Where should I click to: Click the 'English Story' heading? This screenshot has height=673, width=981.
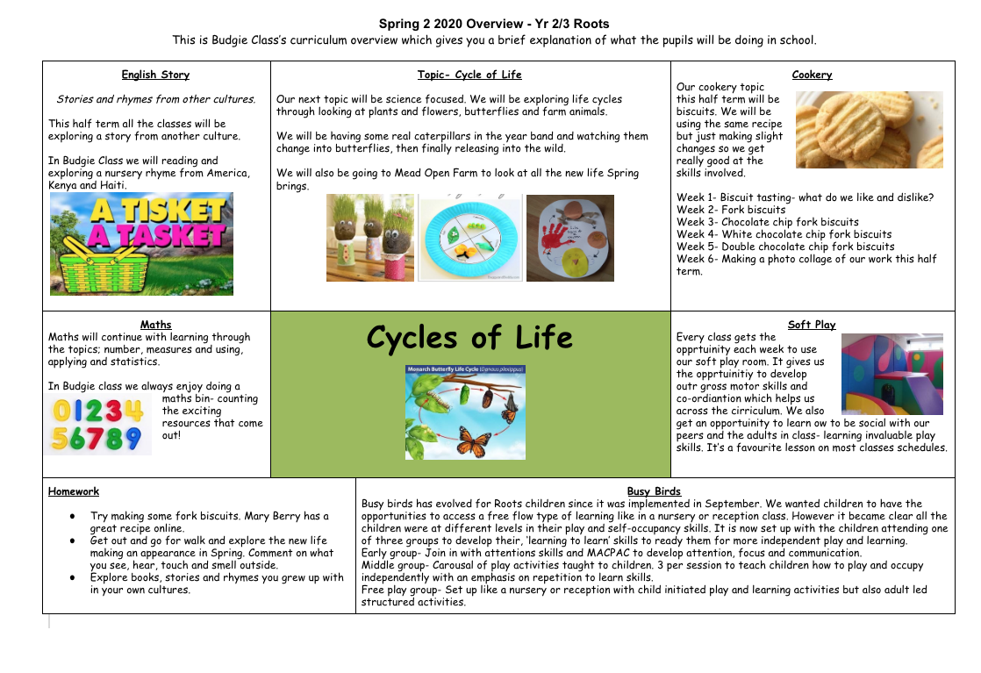click(155, 75)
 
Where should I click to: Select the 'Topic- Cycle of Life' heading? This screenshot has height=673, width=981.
click(469, 75)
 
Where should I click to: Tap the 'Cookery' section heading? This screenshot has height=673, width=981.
click(812, 75)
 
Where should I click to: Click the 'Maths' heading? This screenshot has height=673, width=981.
click(155, 325)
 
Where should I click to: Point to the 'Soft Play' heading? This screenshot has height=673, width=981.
click(812, 325)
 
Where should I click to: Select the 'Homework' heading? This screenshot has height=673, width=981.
click(74, 491)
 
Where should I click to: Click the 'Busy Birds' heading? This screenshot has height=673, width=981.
click(654, 491)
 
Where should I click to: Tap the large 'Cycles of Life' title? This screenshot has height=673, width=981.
click(469, 338)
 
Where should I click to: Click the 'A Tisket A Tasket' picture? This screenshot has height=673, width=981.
click(141, 244)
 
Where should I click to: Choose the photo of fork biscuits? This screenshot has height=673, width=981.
click(869, 130)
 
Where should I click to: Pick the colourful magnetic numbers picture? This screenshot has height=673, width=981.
click(98, 425)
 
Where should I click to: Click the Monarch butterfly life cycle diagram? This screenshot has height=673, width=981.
click(465, 412)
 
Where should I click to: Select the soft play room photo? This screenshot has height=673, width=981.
click(891, 374)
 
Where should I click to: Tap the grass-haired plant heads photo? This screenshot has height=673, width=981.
click(369, 237)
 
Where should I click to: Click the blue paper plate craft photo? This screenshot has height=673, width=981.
click(469, 238)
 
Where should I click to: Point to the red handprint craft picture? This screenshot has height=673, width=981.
click(569, 238)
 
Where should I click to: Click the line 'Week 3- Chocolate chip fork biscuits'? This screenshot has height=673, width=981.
click(768, 222)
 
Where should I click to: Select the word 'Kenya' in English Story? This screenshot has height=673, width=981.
click(64, 185)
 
